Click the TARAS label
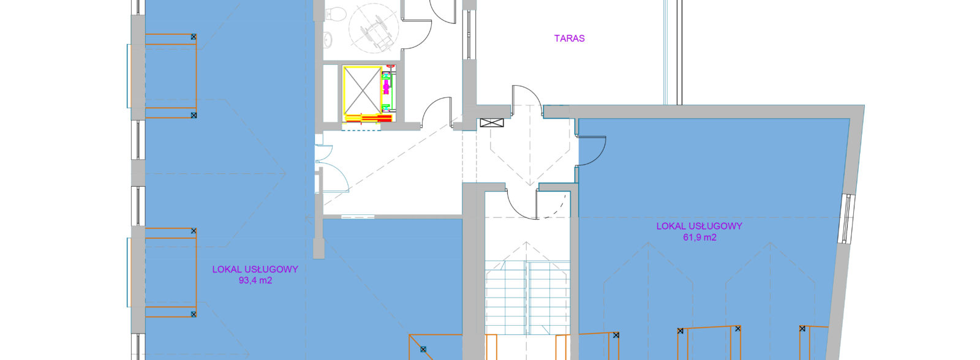coord(569,39)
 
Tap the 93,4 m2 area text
coord(255,280)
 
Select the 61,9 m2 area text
coord(699,238)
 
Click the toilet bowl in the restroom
coord(336,15)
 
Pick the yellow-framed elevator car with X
coord(362,91)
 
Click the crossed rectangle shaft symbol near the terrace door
coord(492,123)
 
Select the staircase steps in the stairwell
coord(527,298)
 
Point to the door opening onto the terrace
coord(527,96)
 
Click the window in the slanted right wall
coord(847,219)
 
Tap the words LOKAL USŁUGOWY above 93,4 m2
coord(255,269)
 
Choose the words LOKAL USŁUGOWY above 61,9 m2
coord(699,226)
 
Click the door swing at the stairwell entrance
coord(521,204)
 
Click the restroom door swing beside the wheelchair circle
coord(417,34)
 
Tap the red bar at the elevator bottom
coord(369,118)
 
